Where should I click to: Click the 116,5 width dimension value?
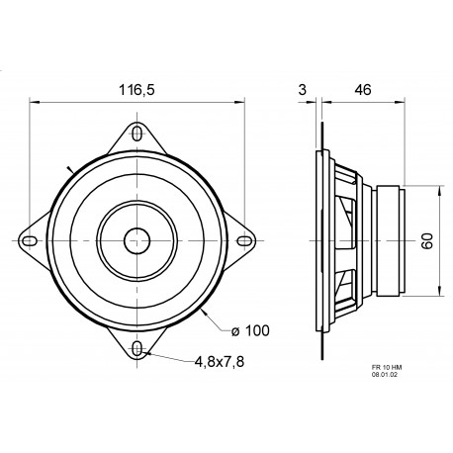pos(136,88)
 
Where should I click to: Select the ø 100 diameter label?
pos(251,329)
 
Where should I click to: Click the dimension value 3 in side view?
pos(301,88)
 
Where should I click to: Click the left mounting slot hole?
pos(31,239)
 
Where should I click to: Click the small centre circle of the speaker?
pos(136,238)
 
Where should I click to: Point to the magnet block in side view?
pos(388,238)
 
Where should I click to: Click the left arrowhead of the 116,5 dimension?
pos(32,101)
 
